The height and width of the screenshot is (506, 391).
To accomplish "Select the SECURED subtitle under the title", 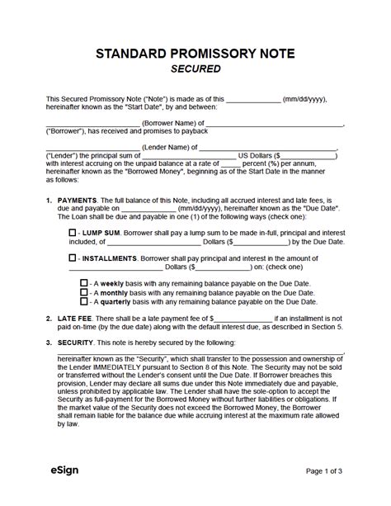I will click(195, 69).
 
